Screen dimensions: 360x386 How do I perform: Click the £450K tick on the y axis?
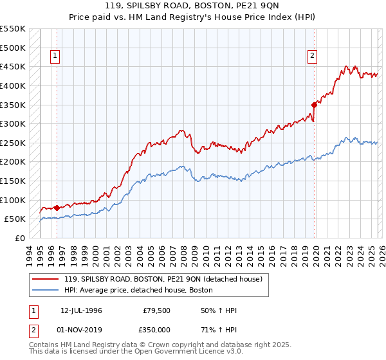coord(13,66)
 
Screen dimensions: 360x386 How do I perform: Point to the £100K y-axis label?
coord(13,200)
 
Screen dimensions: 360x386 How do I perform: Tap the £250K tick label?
coord(13,143)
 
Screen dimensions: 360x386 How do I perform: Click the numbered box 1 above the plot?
coord(55,57)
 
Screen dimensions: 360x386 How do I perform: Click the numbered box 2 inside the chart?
coord(312,57)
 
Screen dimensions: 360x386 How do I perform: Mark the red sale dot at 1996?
coord(57,208)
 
